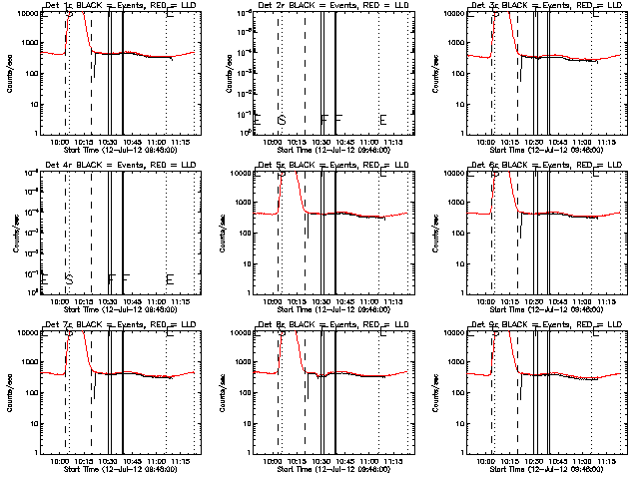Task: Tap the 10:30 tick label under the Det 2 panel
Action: click(x=321, y=142)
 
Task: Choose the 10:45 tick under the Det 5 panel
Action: click(x=344, y=301)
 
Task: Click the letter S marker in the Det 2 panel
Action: click(x=283, y=120)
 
